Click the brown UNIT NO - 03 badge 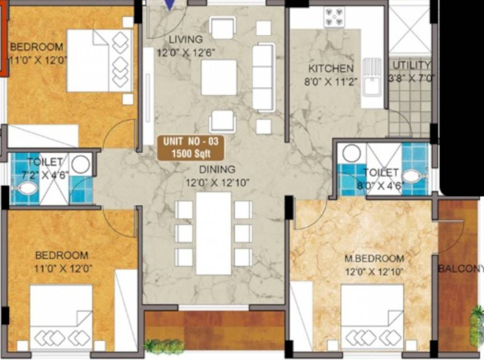[x=190, y=148]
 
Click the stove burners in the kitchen [x=334, y=17]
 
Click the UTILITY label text [x=411, y=65]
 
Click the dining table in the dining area [x=213, y=233]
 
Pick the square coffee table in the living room [x=219, y=78]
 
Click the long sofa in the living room [x=263, y=77]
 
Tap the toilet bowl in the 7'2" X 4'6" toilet [x=26, y=189]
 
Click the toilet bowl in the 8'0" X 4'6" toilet [x=413, y=177]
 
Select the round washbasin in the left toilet [x=81, y=164]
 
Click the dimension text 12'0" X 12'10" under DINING [x=217, y=182]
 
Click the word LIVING [x=186, y=39]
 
